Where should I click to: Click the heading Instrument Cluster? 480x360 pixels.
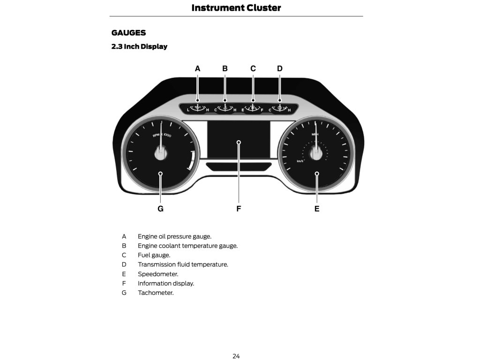[x=236, y=7]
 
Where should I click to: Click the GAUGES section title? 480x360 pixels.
[x=128, y=33]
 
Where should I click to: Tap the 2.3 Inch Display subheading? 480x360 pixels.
[x=139, y=46]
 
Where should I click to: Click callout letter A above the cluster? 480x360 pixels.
[x=198, y=68]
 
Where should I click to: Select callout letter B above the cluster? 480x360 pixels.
[x=225, y=68]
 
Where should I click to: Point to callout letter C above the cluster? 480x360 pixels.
[x=253, y=68]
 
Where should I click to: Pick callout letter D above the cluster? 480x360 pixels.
[x=280, y=68]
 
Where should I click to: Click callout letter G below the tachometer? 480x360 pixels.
[x=160, y=209]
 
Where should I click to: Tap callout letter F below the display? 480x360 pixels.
[x=239, y=209]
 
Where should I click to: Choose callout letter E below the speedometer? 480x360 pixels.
[x=317, y=209]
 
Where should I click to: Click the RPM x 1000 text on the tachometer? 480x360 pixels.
[x=162, y=135]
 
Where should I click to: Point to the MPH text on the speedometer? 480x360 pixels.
[x=315, y=134]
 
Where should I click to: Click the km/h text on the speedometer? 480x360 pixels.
[x=300, y=161]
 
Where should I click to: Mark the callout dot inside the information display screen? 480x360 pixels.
[x=239, y=142]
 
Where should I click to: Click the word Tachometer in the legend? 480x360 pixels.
[x=156, y=293]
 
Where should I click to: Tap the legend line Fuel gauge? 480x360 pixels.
[x=154, y=255]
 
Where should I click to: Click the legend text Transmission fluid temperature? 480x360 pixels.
[x=183, y=265]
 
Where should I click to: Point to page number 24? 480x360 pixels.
[x=236, y=356]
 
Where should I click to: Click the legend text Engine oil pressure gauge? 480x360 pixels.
[x=174, y=237]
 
